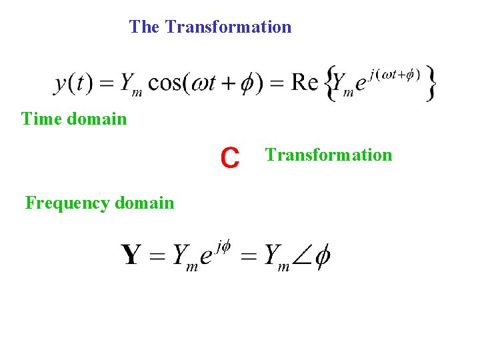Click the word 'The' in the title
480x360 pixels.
tap(143, 27)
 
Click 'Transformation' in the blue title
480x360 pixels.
tap(228, 27)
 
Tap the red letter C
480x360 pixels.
tap(230, 158)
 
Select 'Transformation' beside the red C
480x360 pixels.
tap(329, 155)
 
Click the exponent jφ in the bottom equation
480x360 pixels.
tap(224, 247)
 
